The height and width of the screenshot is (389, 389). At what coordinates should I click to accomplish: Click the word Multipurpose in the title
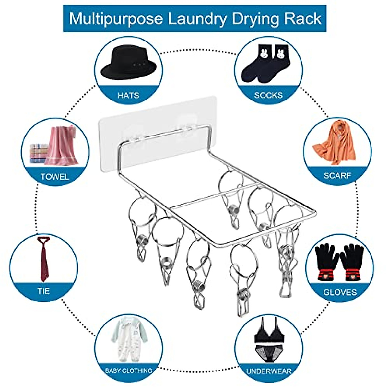116,18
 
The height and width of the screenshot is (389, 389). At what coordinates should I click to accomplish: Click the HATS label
128,95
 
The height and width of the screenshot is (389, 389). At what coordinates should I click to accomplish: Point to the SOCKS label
268,95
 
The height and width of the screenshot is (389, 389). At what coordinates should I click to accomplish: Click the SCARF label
337,176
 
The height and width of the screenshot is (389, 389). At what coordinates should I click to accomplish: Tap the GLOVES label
340,292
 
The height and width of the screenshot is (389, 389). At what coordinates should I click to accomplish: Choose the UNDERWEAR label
269,371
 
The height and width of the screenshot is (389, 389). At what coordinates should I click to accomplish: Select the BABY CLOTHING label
128,371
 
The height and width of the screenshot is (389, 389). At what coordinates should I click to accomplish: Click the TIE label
43,291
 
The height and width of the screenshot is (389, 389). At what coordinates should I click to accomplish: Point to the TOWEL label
54,177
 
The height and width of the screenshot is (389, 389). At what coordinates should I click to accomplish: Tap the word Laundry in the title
197,18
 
